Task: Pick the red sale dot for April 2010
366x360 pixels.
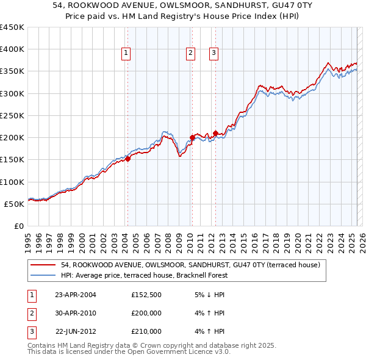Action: click(192, 137)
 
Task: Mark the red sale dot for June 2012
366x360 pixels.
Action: click(215, 133)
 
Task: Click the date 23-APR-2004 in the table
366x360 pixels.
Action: click(76, 295)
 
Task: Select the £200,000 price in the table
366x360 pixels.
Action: click(146, 314)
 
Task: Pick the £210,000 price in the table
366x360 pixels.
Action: click(146, 331)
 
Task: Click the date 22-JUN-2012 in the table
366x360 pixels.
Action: click(76, 331)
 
